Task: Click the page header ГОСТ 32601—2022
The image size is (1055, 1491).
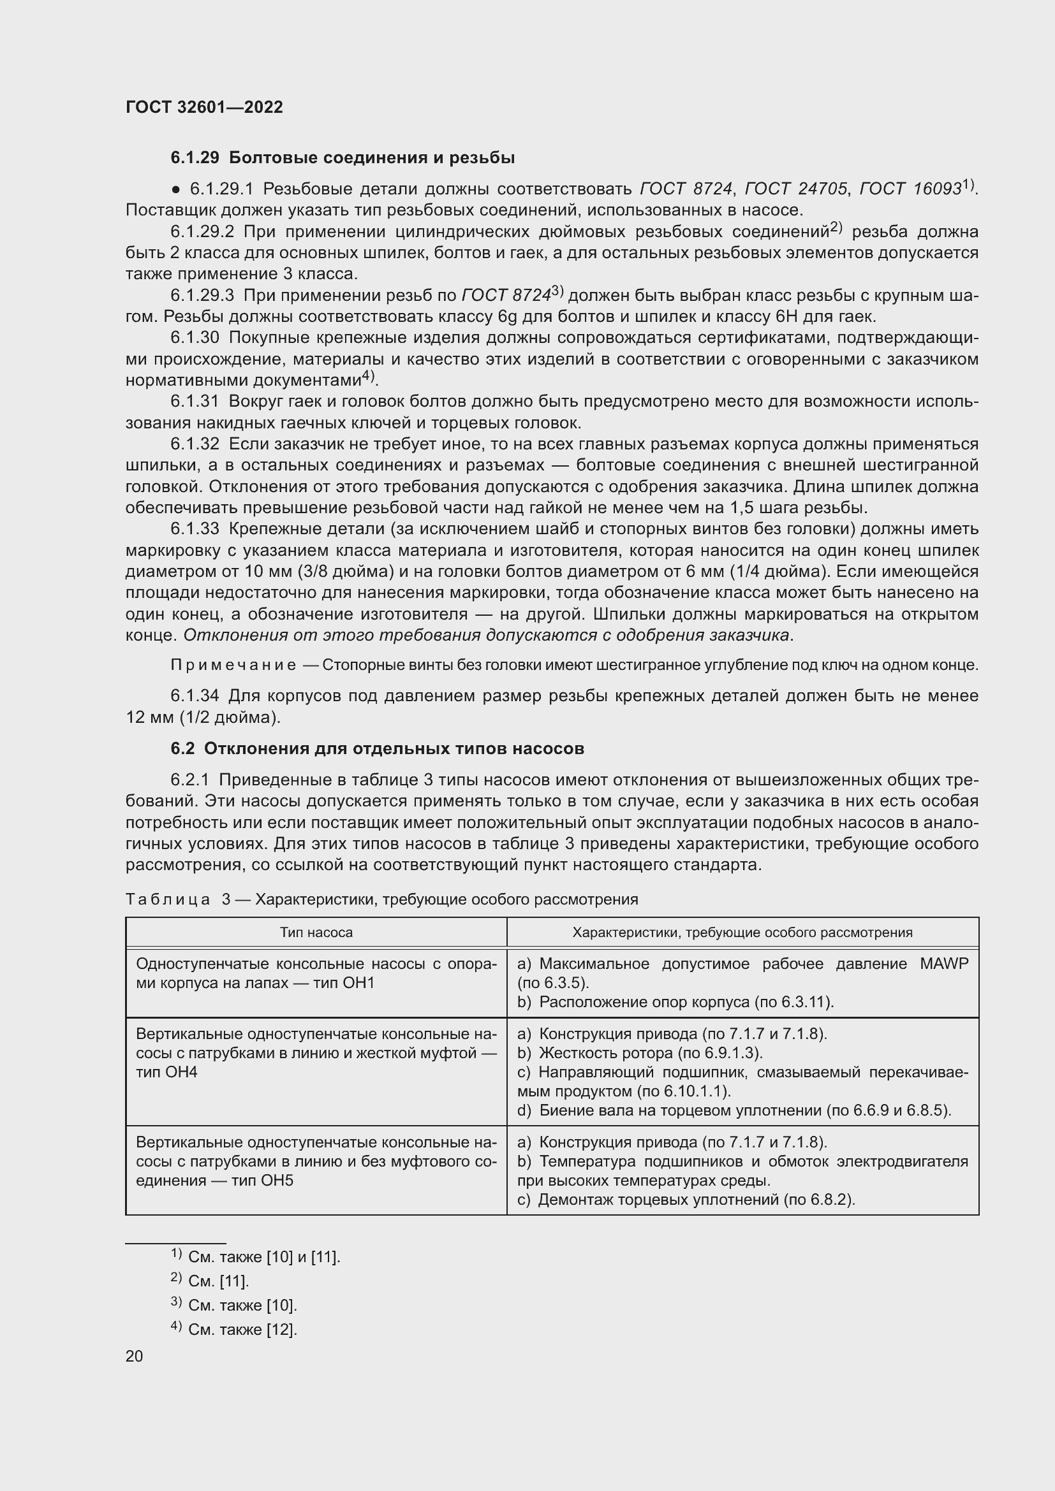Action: click(204, 107)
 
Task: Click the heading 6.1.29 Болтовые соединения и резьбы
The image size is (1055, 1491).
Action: click(343, 158)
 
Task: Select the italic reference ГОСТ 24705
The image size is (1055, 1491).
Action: click(796, 189)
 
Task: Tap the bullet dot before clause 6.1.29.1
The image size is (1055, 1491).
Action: click(175, 189)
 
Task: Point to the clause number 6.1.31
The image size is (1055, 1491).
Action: click(195, 402)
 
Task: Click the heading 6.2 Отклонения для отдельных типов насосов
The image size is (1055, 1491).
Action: click(377, 749)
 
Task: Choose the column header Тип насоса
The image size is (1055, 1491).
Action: click(316, 933)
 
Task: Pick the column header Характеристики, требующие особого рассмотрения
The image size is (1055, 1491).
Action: click(742, 933)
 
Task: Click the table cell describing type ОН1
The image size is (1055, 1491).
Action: click(316, 973)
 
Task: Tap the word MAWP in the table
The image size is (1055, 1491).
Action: click(943, 964)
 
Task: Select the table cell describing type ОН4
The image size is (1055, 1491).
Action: click(316, 1052)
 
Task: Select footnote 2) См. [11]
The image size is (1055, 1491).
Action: click(210, 1281)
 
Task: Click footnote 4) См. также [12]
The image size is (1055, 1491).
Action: click(233, 1329)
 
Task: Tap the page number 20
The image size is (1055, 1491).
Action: click(134, 1356)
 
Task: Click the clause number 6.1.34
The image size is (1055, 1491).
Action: click(195, 696)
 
